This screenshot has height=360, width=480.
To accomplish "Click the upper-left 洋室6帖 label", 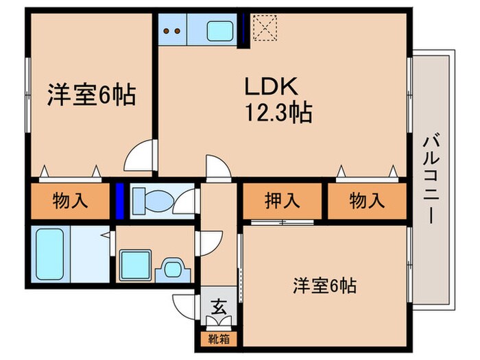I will [x=91, y=93].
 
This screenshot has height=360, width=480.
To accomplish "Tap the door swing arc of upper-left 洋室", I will [x=139, y=157].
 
